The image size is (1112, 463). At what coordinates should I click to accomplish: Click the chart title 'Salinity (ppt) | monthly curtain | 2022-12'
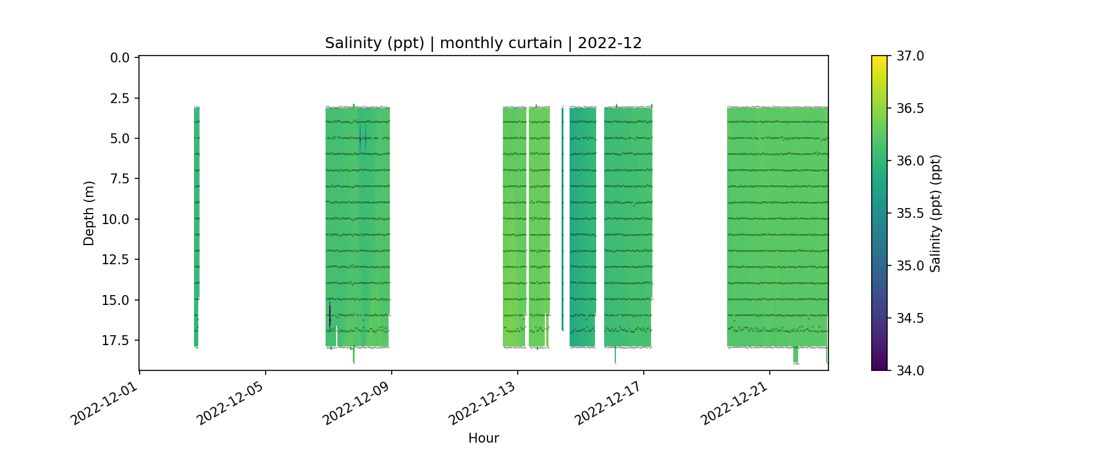click(x=483, y=43)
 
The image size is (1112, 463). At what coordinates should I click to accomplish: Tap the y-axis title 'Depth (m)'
click(x=89, y=213)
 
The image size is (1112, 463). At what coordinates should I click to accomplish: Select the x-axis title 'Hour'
click(x=483, y=438)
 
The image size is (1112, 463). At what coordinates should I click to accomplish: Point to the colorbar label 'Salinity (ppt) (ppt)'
click(x=935, y=213)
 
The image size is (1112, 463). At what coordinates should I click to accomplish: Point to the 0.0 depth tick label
click(x=120, y=58)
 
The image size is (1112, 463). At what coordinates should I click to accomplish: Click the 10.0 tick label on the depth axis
click(x=116, y=220)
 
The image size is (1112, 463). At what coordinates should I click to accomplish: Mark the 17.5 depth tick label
click(x=116, y=341)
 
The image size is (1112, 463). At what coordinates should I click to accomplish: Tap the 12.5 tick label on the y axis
click(x=116, y=260)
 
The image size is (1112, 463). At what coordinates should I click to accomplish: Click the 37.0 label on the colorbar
click(x=910, y=56)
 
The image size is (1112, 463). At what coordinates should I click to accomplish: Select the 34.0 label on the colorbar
click(x=910, y=370)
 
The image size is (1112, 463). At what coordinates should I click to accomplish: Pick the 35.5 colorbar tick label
click(x=910, y=214)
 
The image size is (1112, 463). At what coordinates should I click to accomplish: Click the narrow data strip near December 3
click(x=196, y=222)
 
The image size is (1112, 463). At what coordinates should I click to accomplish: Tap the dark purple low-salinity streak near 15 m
click(x=330, y=314)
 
